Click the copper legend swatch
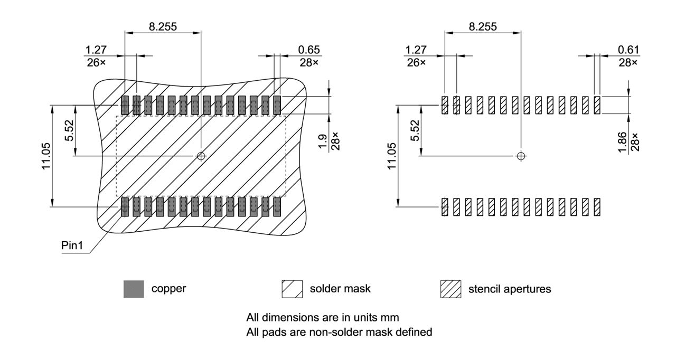[134, 289]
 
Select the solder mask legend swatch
[292, 289]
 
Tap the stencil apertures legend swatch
[450, 289]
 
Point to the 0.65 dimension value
[309, 50]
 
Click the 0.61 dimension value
[628, 50]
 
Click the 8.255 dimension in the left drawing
[163, 26]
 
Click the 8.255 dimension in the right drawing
[483, 26]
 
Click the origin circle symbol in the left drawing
[201, 156]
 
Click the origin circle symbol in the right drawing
[521, 156]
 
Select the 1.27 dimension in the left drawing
[96, 50]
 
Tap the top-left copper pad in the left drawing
[125, 105]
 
